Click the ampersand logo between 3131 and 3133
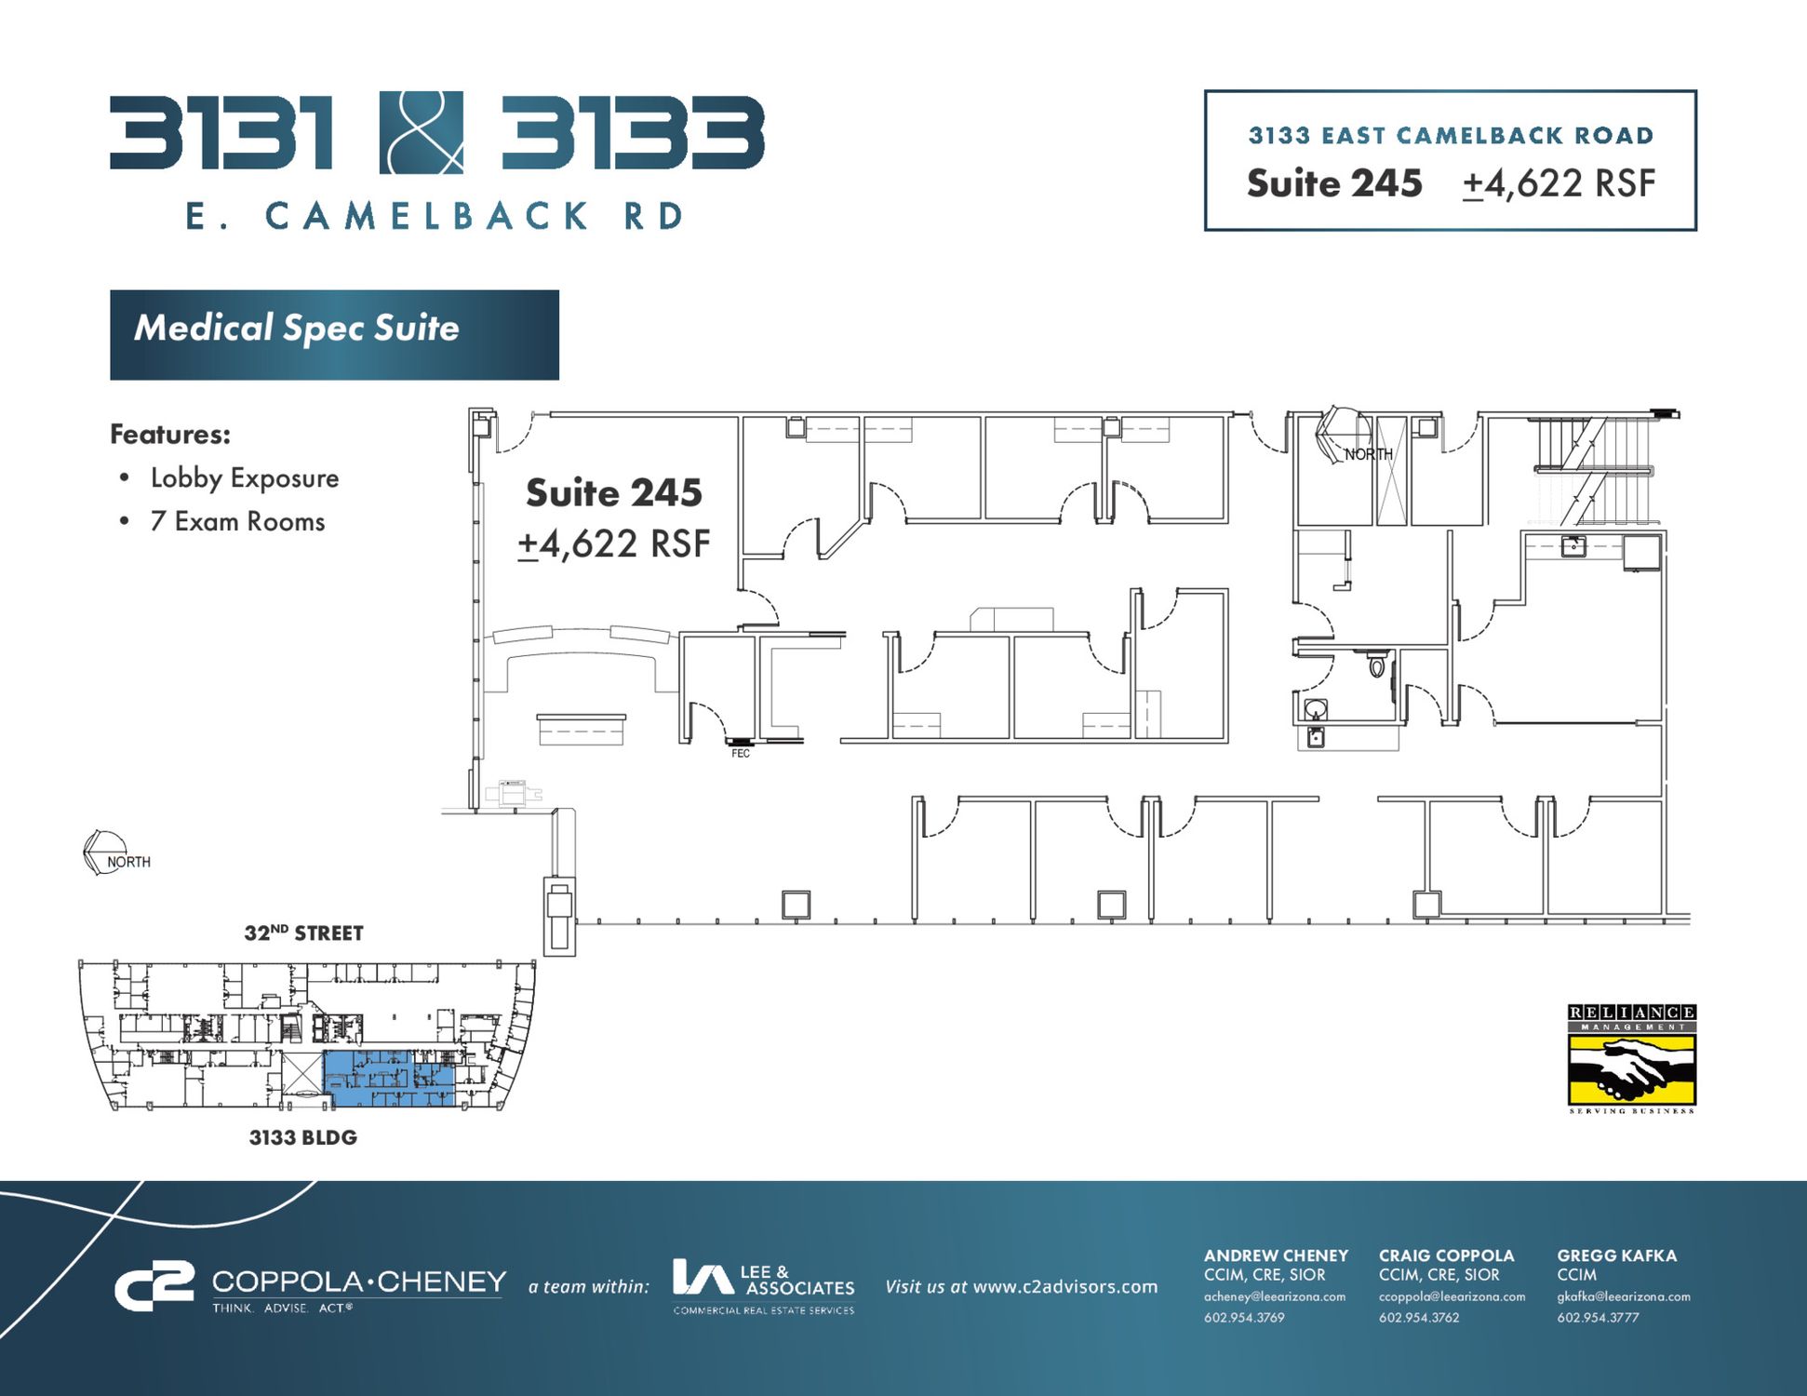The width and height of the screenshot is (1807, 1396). [x=422, y=132]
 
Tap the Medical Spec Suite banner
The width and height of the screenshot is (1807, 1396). [x=334, y=334]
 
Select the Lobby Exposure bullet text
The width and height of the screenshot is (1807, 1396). [x=245, y=478]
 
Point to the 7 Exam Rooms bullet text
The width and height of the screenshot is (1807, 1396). [x=238, y=521]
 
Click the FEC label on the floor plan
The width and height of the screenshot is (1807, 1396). [x=741, y=753]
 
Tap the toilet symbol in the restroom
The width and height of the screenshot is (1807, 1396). [x=1377, y=665]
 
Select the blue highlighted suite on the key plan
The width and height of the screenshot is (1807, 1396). [x=389, y=1079]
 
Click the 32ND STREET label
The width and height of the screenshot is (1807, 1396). [x=303, y=933]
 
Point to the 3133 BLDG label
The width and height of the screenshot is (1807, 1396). [x=303, y=1137]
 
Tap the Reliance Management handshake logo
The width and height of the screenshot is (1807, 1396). [x=1632, y=1059]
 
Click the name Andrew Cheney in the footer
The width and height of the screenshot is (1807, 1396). [x=1276, y=1255]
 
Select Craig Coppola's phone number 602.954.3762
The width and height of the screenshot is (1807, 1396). [x=1419, y=1317]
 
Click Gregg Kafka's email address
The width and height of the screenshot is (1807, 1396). [x=1624, y=1296]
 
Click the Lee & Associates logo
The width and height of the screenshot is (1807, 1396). [x=764, y=1286]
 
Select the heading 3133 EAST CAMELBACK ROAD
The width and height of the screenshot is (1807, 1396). [x=1451, y=136]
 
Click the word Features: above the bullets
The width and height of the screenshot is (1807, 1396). [x=170, y=434]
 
